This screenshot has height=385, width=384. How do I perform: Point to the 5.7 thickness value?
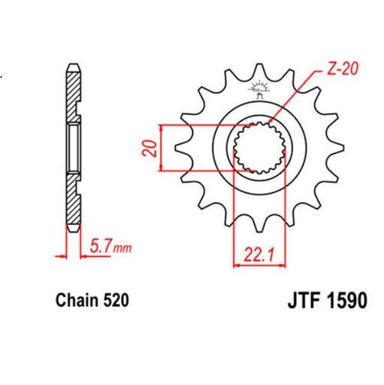[98, 245]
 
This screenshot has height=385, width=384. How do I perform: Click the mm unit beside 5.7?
[121, 247]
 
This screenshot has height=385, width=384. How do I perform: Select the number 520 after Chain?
[116, 301]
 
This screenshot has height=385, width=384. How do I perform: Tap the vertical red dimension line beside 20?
[162, 145]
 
